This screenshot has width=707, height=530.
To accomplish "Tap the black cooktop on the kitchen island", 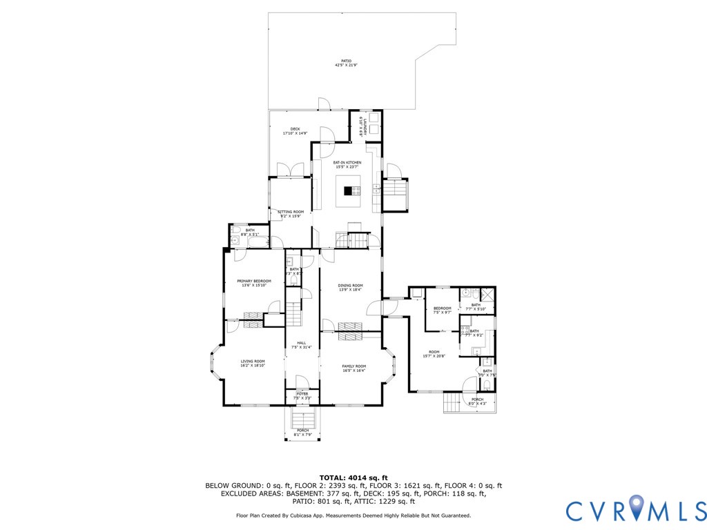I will (x=347, y=191).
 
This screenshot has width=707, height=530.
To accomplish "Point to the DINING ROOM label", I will (x=350, y=287).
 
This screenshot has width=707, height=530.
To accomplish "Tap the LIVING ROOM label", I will (x=252, y=363).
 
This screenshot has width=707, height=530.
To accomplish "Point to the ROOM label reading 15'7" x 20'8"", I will (x=434, y=353).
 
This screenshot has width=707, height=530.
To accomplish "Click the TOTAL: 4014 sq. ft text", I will (x=353, y=478).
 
